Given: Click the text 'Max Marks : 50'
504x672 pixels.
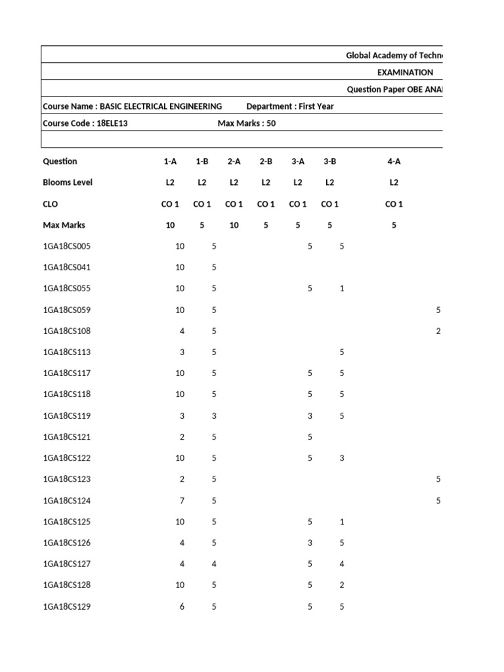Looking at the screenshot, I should (x=246, y=123).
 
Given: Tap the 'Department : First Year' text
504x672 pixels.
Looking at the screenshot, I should (x=289, y=106).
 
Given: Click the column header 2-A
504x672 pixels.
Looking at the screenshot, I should (x=234, y=161).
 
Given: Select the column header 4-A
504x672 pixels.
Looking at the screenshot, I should (x=394, y=161).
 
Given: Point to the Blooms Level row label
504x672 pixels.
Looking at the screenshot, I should (x=68, y=182).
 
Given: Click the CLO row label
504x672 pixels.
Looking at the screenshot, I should (x=51, y=204).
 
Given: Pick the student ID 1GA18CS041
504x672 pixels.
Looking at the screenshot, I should (x=67, y=268).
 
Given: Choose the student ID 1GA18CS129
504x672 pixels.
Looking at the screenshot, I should (x=67, y=607).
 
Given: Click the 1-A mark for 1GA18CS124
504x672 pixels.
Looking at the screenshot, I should (x=182, y=501).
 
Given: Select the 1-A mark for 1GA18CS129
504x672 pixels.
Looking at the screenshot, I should (x=182, y=607).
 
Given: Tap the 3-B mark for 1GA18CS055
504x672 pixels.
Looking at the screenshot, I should (x=342, y=289).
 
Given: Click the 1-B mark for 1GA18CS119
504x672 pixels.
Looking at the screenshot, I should (x=214, y=416).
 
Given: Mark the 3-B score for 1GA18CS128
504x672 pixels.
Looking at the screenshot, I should (x=342, y=585).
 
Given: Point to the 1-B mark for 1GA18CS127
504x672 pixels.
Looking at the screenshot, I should (x=214, y=564).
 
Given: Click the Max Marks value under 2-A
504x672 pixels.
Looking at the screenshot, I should (x=234, y=225).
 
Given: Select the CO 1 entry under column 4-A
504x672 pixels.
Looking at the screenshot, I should (x=394, y=204).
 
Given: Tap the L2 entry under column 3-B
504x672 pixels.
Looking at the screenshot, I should (x=329, y=182).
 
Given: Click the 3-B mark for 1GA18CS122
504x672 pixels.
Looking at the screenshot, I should (x=342, y=458).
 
